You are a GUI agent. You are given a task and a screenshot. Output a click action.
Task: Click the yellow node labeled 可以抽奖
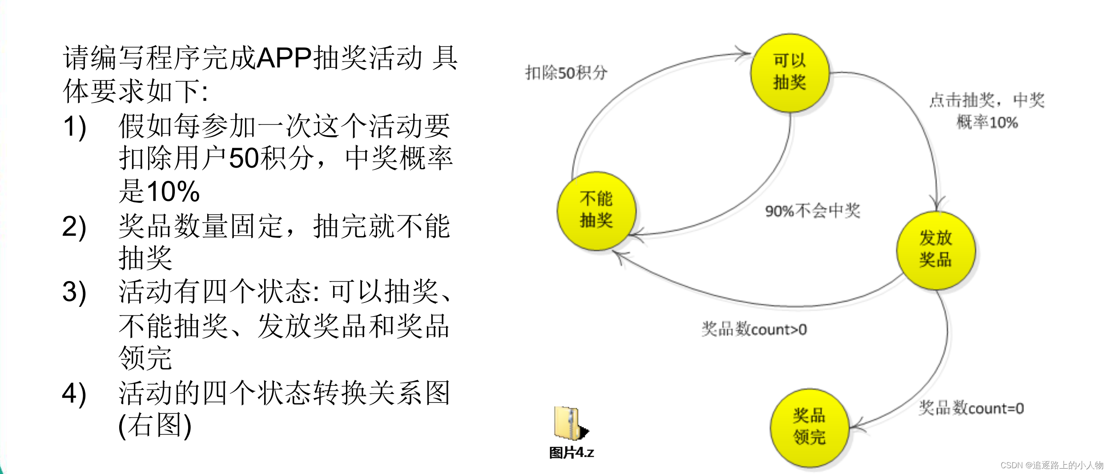click(789, 72)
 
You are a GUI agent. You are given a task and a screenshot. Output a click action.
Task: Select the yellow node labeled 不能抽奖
click(596, 210)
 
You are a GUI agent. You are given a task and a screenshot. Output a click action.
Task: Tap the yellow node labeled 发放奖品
click(936, 250)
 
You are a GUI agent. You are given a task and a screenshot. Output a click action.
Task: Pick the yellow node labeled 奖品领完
click(809, 427)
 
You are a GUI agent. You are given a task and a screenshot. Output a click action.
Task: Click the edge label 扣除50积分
click(566, 72)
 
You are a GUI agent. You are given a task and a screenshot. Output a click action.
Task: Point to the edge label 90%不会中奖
click(812, 210)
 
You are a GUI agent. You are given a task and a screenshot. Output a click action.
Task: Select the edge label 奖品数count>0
click(754, 329)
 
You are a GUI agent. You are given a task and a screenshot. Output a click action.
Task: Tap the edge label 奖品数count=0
click(971, 408)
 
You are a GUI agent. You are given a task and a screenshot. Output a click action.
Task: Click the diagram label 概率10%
click(987, 122)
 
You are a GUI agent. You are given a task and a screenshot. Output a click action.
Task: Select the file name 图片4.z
click(571, 453)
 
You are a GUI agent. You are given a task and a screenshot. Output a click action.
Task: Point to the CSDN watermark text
click(1052, 465)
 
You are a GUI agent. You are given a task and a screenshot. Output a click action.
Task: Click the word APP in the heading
click(284, 58)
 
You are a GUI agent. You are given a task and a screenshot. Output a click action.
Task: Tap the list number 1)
click(75, 127)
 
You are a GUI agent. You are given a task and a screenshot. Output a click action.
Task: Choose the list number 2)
click(74, 226)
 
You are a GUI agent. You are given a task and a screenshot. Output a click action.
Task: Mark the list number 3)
click(74, 292)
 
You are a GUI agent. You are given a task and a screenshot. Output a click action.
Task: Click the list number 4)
click(74, 394)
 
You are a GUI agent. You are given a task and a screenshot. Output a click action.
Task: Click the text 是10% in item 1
click(159, 191)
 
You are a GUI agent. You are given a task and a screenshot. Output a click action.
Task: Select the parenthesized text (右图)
click(155, 426)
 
